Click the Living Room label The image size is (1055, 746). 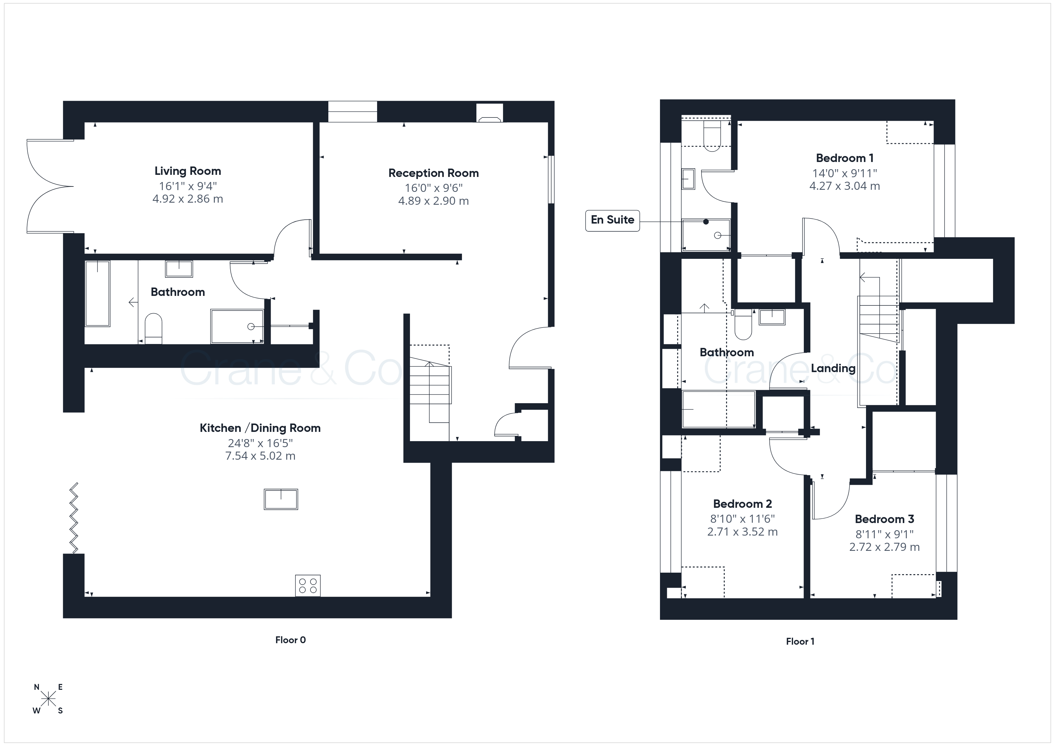click(x=187, y=171)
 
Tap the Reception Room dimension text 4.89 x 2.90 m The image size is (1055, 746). click(x=433, y=201)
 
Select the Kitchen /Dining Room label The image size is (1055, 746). click(x=260, y=428)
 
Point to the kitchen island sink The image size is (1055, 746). click(x=281, y=499)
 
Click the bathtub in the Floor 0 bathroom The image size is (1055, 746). click(x=97, y=293)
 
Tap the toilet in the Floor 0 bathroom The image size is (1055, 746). click(x=153, y=328)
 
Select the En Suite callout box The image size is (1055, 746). click(x=612, y=221)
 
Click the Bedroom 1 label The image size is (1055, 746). click(x=844, y=158)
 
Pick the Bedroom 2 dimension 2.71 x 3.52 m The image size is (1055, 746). click(x=742, y=532)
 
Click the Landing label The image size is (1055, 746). click(x=833, y=369)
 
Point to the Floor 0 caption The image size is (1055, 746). click(x=290, y=640)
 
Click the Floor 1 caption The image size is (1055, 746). click(x=800, y=641)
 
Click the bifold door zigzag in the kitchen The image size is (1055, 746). click(x=74, y=518)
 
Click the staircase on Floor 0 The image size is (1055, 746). click(x=430, y=393)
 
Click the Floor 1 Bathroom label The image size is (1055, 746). click(x=726, y=352)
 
